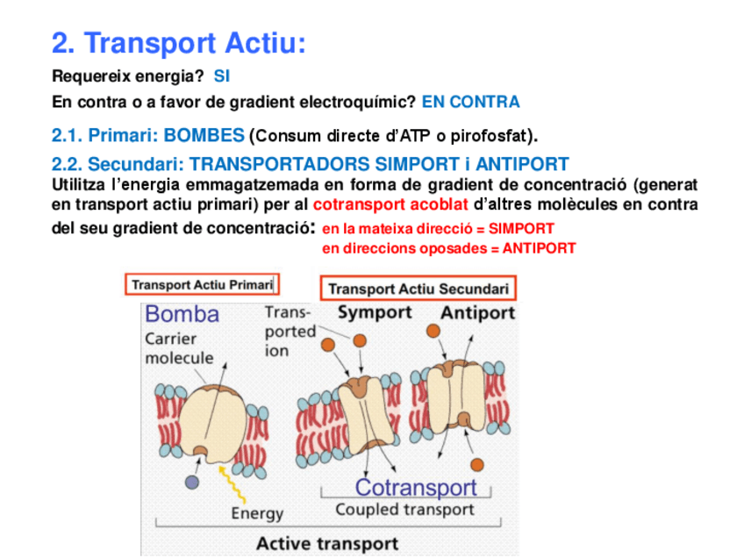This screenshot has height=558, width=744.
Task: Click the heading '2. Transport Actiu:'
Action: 179,43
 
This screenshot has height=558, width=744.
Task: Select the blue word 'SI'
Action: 221,77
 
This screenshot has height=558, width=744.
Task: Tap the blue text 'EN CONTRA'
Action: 470,102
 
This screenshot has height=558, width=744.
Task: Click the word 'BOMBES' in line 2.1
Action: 204,136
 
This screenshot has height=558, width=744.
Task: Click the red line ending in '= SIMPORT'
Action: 439,228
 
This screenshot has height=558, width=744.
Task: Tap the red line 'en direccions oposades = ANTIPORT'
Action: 448,248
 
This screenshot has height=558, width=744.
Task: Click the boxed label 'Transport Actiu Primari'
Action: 202,284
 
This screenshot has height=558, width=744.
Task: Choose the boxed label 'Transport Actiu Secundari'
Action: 418,289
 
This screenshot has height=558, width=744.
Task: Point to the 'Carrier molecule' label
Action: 179,348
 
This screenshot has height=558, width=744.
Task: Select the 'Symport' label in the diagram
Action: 375,312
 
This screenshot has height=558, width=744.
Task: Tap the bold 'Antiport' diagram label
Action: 477,312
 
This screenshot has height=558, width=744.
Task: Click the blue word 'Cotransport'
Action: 416,487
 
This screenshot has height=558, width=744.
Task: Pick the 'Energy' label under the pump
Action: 257,513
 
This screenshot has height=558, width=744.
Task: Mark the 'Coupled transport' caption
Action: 404,509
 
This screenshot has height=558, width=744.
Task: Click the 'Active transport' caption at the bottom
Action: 327,543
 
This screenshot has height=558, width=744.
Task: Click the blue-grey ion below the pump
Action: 192,482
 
